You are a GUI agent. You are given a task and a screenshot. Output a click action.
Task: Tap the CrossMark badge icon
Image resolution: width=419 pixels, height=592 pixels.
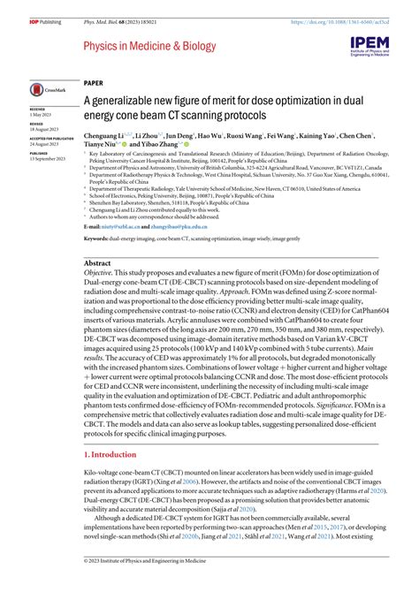point(43,88)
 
